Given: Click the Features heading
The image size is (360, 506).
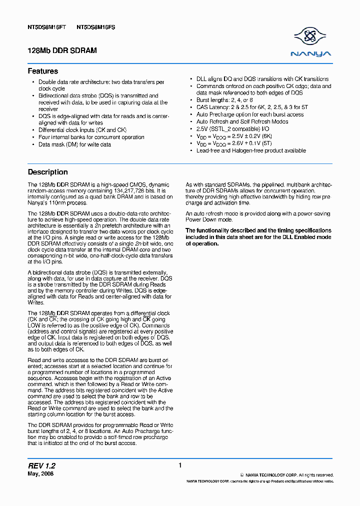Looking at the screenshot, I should pos(43,71).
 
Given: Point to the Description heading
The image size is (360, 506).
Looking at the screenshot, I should pos(48,172).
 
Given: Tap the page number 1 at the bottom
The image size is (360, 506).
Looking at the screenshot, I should pos(179,465).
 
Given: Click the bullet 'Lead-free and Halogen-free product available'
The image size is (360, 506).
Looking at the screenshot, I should pos(251,150).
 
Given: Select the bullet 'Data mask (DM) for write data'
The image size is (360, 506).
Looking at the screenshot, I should pos(74,144).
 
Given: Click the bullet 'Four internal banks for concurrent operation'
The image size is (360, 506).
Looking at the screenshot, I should pos(91,137).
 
